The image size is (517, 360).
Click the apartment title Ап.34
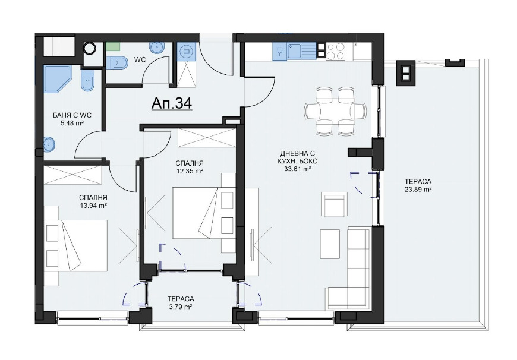coord(172,103)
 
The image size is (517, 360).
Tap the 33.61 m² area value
coord(298,169)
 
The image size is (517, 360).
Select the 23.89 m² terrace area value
coord(418,190)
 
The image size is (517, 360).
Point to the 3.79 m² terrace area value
coord(181,307)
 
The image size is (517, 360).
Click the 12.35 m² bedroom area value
coord(189,171)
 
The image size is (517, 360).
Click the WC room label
coord(140,59)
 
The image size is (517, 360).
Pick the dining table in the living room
coord(335,111)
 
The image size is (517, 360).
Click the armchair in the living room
coord(335,204)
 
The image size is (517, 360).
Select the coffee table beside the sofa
coord(330,240)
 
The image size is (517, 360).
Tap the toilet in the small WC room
coord(118,62)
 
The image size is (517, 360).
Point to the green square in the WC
coord(114,46)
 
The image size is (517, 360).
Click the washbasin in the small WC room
coord(157,48)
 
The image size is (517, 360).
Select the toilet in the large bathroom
coord(87,81)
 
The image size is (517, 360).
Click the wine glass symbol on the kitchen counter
coord(280,52)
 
